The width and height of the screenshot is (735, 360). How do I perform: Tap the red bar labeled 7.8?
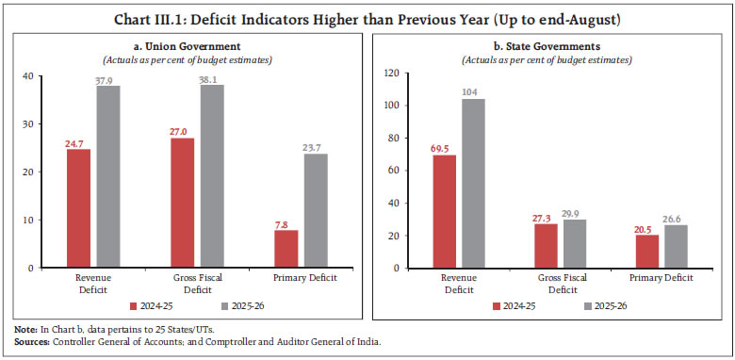[286, 249]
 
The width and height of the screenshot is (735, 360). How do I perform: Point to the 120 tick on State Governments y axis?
[390, 74]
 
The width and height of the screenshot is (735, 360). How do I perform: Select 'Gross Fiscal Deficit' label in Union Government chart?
[197, 284]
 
